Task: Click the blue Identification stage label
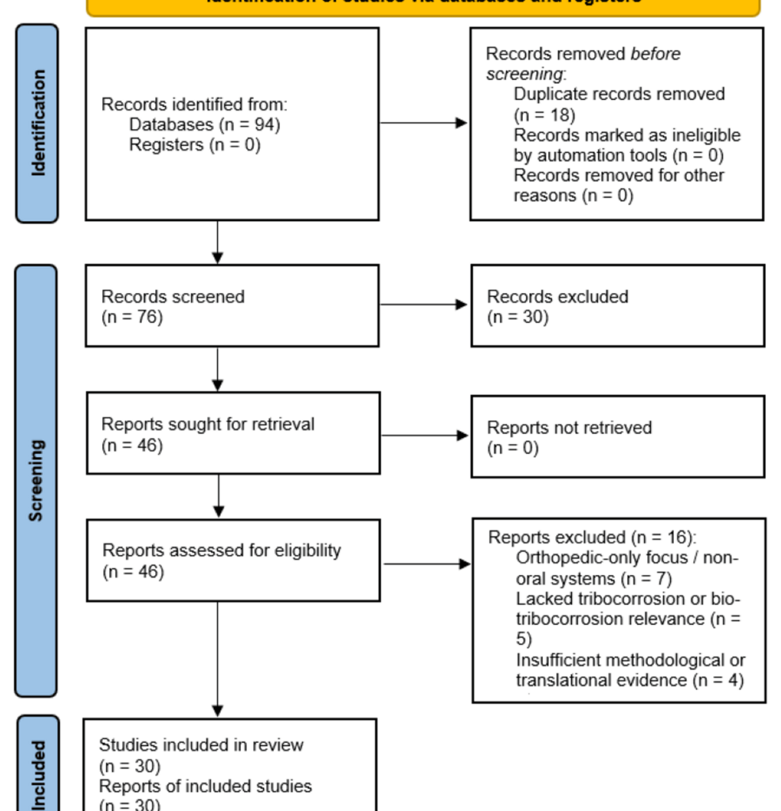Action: click(37, 124)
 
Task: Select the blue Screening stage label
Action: click(36, 481)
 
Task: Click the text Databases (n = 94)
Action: click(204, 124)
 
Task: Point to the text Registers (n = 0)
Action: click(194, 145)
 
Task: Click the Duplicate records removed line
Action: click(619, 94)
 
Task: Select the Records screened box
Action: click(232, 307)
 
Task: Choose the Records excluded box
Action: click(617, 307)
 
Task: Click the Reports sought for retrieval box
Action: click(233, 434)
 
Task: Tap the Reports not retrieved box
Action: click(617, 437)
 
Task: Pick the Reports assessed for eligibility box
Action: click(233, 560)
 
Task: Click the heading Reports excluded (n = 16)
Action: click(592, 537)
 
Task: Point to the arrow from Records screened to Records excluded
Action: click(424, 304)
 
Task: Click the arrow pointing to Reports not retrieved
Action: click(424, 435)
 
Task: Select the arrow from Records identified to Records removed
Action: click(424, 123)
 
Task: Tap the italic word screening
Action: click(524, 74)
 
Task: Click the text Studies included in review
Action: click(201, 744)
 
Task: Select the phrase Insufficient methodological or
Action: click(631, 660)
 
